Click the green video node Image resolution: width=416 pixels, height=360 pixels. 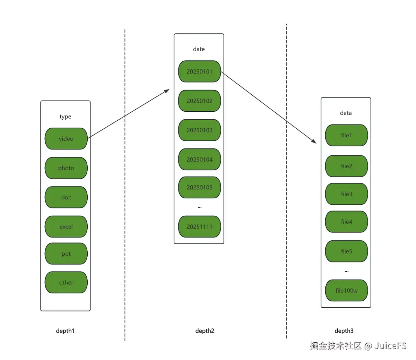[66, 138]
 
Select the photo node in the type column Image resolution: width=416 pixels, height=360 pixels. [66, 168]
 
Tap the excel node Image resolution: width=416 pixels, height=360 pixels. [66, 226]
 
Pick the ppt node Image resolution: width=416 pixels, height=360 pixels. [66, 254]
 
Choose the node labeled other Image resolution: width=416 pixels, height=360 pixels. [66, 282]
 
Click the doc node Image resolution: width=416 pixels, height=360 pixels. [66, 197]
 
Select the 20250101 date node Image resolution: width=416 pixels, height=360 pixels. [199, 71]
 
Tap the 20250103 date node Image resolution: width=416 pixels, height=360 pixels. [199, 130]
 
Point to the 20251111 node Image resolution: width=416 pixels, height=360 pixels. [199, 226]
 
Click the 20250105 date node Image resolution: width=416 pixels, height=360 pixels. [199, 187]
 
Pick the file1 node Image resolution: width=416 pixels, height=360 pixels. [346, 135]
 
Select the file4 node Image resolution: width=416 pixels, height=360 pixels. [346, 222]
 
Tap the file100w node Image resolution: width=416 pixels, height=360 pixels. [346, 290]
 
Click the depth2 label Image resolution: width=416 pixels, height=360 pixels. [205, 331]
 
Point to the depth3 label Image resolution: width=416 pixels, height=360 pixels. [344, 331]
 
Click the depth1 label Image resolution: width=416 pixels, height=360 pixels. [65, 331]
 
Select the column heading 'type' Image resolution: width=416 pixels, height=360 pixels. [66, 117]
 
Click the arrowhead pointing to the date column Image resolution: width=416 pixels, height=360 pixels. [167, 91]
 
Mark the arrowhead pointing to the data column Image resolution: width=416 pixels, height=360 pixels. [314, 142]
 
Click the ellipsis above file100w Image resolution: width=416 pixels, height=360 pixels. [347, 272]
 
